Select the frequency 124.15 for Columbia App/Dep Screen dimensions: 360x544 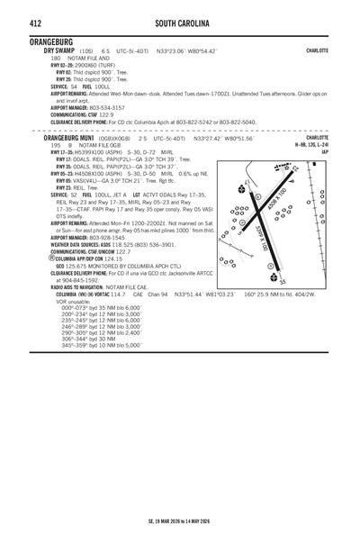click(106, 258)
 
